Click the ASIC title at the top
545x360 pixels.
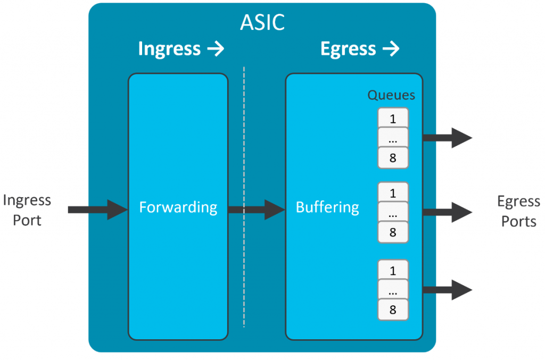262,22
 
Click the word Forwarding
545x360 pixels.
178,207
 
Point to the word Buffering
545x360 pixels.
327,207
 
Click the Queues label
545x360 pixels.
391,95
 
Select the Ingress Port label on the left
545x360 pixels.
27,210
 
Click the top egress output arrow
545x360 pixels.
447,138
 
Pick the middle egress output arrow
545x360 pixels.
447,212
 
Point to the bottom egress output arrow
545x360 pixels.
447,290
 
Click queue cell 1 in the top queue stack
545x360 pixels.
393,119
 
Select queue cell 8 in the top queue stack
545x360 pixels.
393,158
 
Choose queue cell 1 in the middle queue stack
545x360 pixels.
393,192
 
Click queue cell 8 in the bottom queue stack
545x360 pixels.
393,310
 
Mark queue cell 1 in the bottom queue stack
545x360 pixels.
393,270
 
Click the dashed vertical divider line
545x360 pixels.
244,133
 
